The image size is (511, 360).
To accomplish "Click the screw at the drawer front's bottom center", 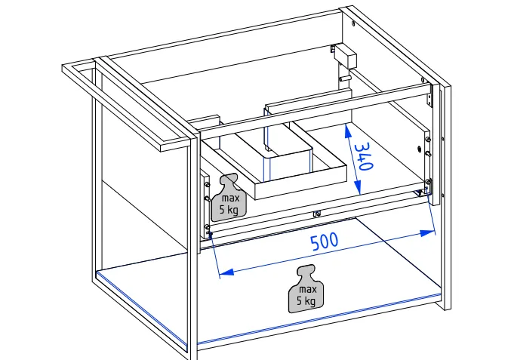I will (x=316, y=213).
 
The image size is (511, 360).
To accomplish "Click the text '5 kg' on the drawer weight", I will (x=229, y=209).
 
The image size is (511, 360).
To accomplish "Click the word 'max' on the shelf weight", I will (x=306, y=289).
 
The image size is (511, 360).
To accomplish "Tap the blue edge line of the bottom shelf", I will (x=317, y=319).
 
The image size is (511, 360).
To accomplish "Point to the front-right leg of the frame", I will (x=445, y=226).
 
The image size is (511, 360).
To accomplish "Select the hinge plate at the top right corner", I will (x=432, y=94).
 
